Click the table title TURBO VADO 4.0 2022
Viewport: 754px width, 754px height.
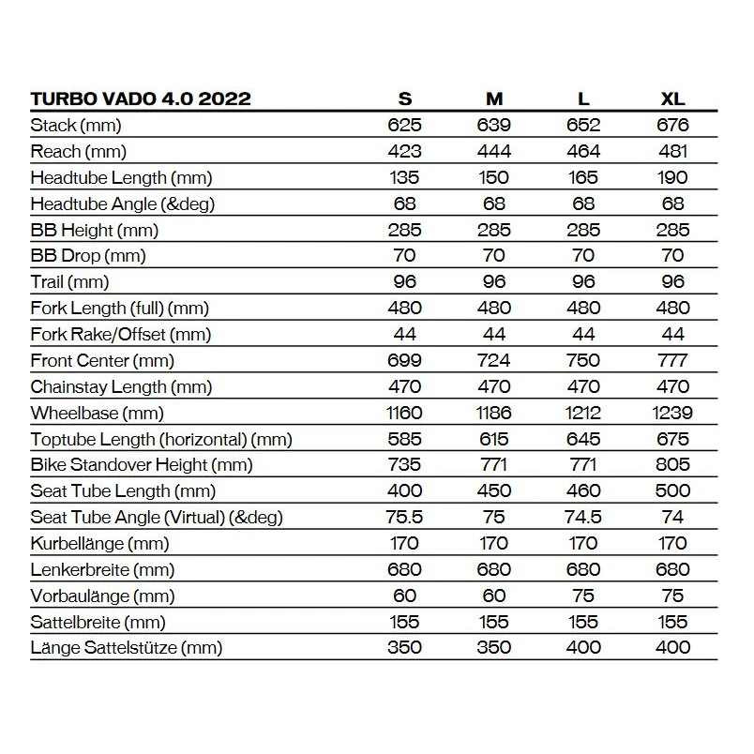(141, 98)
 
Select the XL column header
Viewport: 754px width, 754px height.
(672, 98)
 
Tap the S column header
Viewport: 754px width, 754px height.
(404, 98)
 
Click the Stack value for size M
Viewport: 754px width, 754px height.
(493, 125)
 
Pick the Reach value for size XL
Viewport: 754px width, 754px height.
(672, 151)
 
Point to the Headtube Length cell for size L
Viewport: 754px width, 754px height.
(582, 177)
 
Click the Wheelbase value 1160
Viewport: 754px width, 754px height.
(404, 413)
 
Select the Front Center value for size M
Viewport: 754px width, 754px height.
(493, 360)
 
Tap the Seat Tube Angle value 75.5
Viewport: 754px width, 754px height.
(404, 517)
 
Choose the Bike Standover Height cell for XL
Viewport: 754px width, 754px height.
(672, 464)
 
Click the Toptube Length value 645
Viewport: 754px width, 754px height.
(582, 438)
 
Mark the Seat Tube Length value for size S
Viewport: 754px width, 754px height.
(404, 490)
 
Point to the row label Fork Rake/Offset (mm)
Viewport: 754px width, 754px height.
(121, 334)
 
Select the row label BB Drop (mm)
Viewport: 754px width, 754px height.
(88, 256)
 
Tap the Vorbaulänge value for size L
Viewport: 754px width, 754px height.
(582, 595)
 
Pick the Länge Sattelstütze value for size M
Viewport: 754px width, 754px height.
(493, 647)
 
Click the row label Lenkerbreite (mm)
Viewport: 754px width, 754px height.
(103, 569)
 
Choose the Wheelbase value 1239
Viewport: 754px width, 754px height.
(672, 413)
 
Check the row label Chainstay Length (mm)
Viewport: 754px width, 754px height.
(119, 386)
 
